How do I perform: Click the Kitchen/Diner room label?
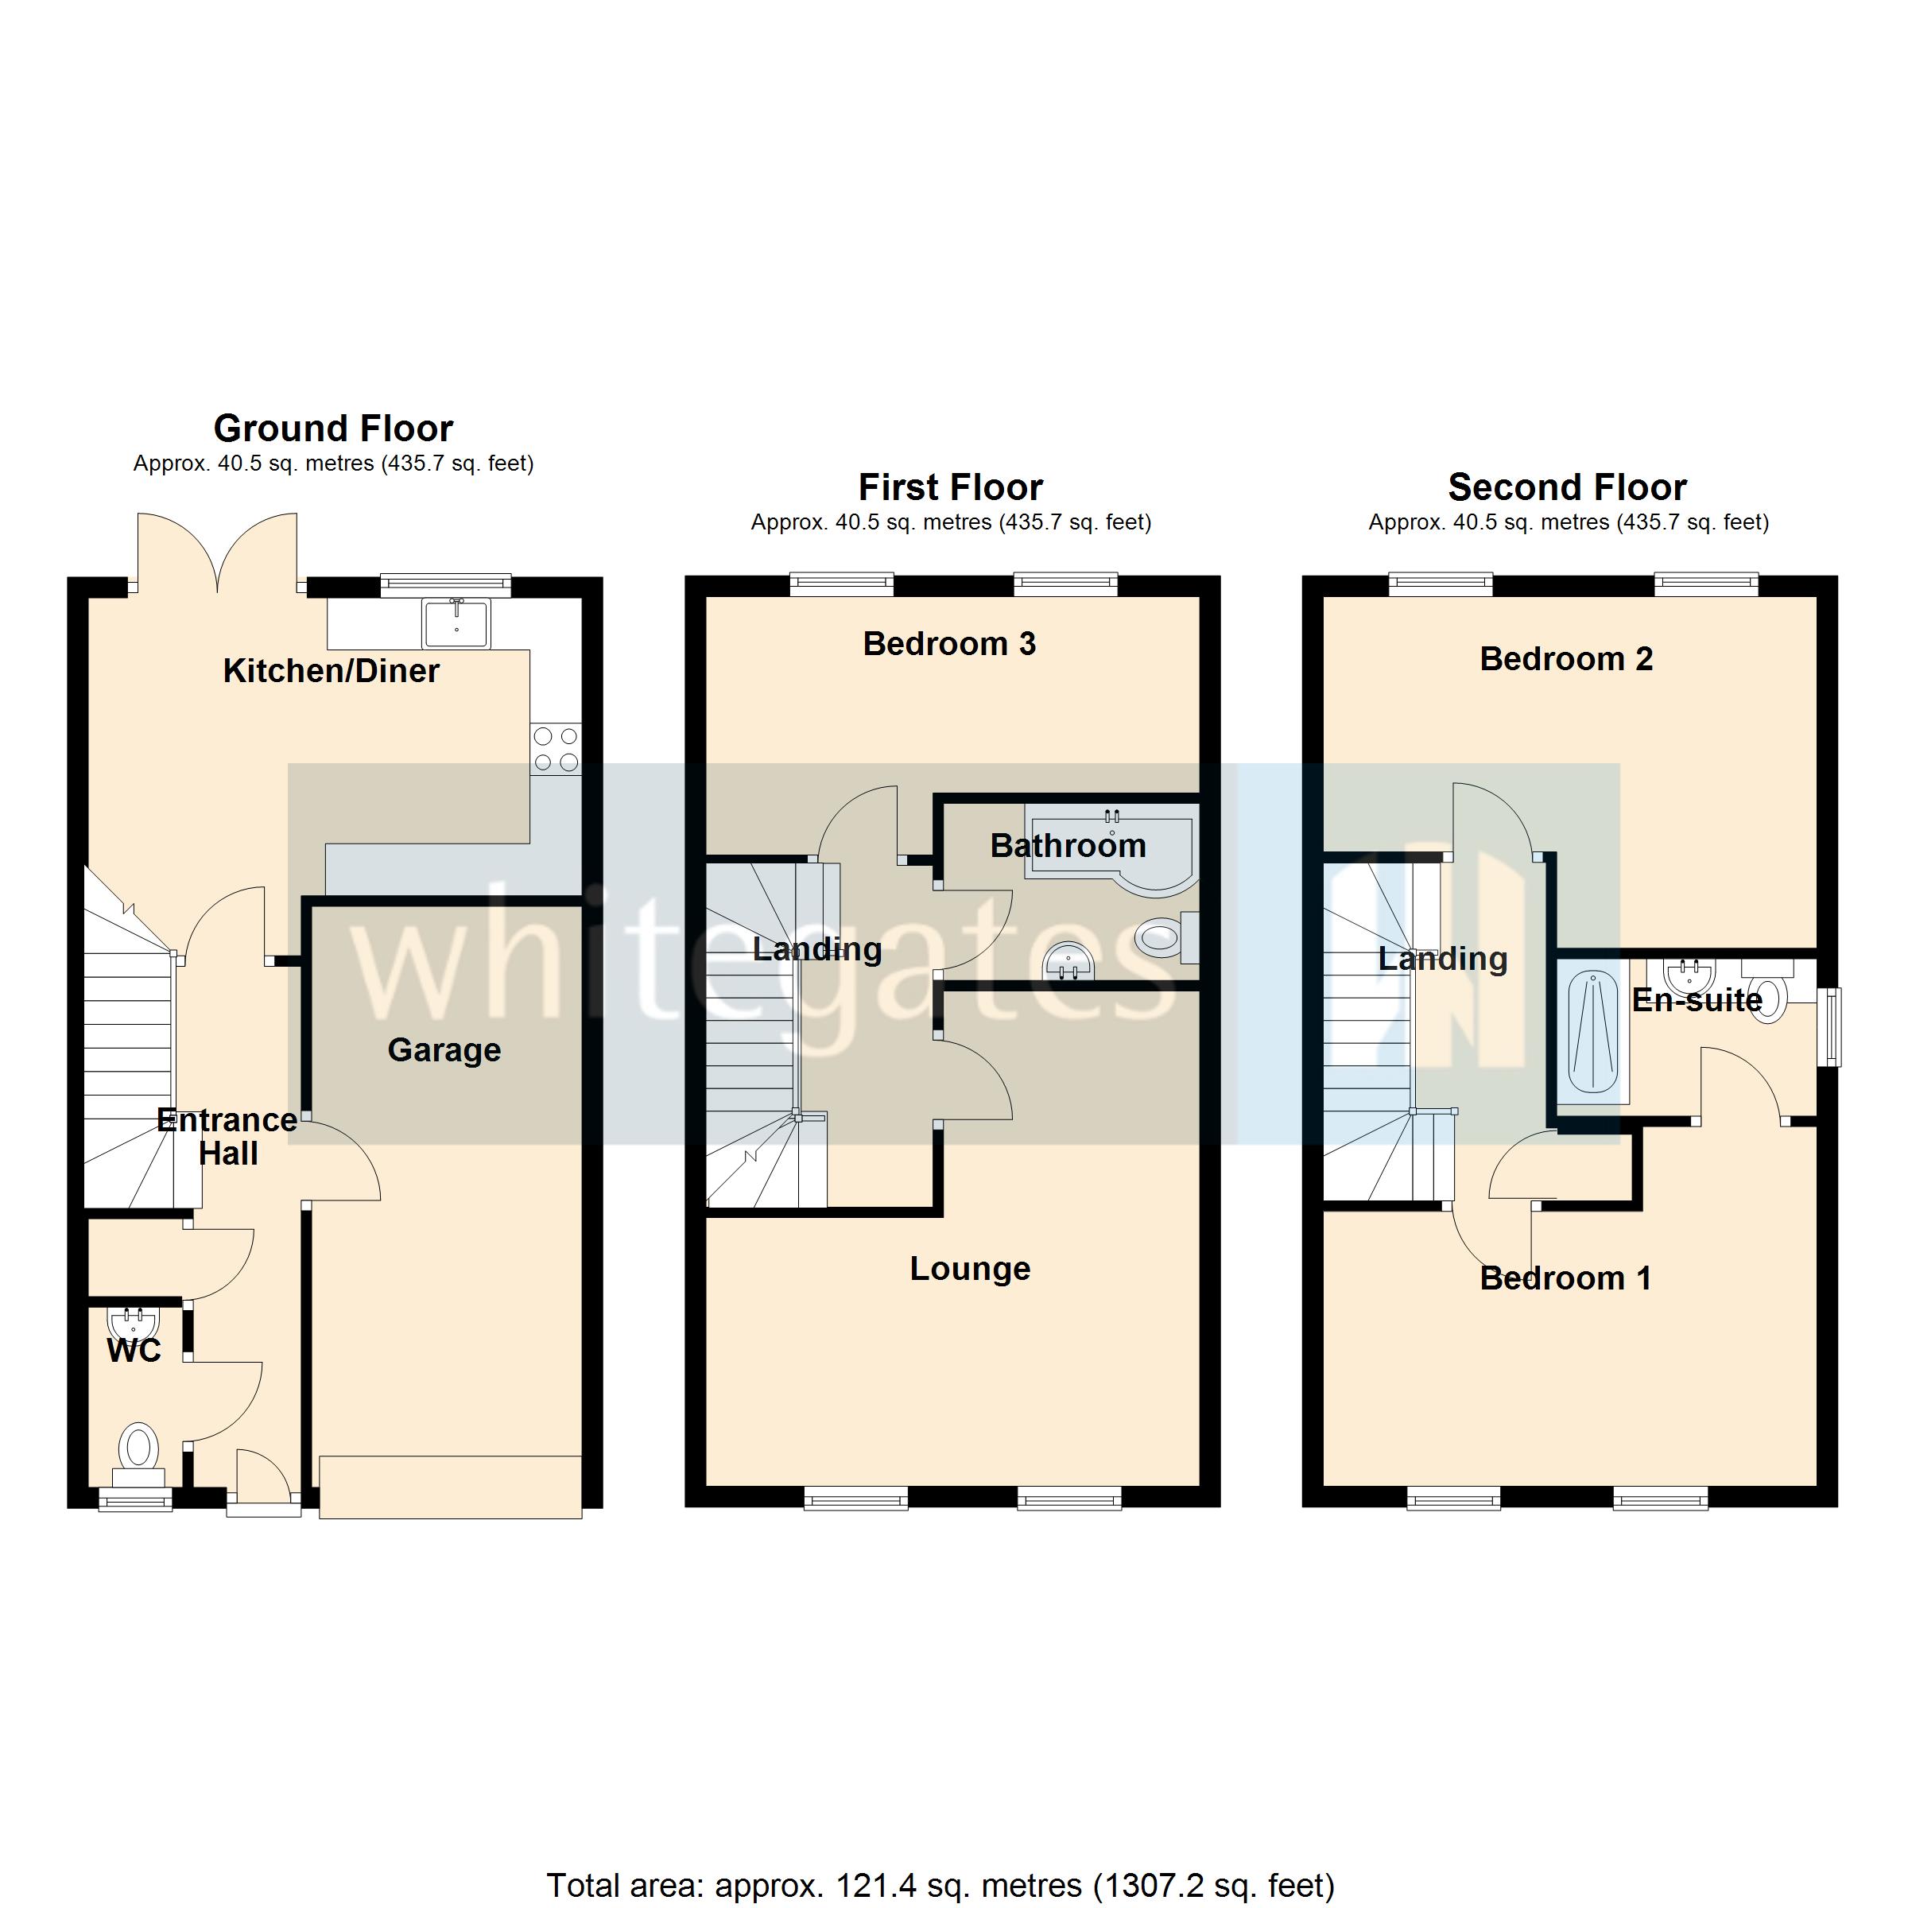(x=331, y=672)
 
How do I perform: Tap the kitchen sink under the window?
(x=456, y=622)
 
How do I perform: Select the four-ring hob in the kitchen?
(x=555, y=749)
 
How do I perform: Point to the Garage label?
(x=444, y=1049)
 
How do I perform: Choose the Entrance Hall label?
(x=227, y=1137)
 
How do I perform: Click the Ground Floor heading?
(x=333, y=429)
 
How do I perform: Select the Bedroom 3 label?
(x=949, y=644)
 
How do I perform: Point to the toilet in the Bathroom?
(x=1165, y=937)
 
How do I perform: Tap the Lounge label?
(x=970, y=1269)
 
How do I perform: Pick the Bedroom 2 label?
(x=1565, y=659)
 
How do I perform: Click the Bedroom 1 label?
(x=1565, y=1279)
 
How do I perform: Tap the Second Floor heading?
(x=1567, y=488)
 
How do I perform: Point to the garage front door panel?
(x=449, y=1487)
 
